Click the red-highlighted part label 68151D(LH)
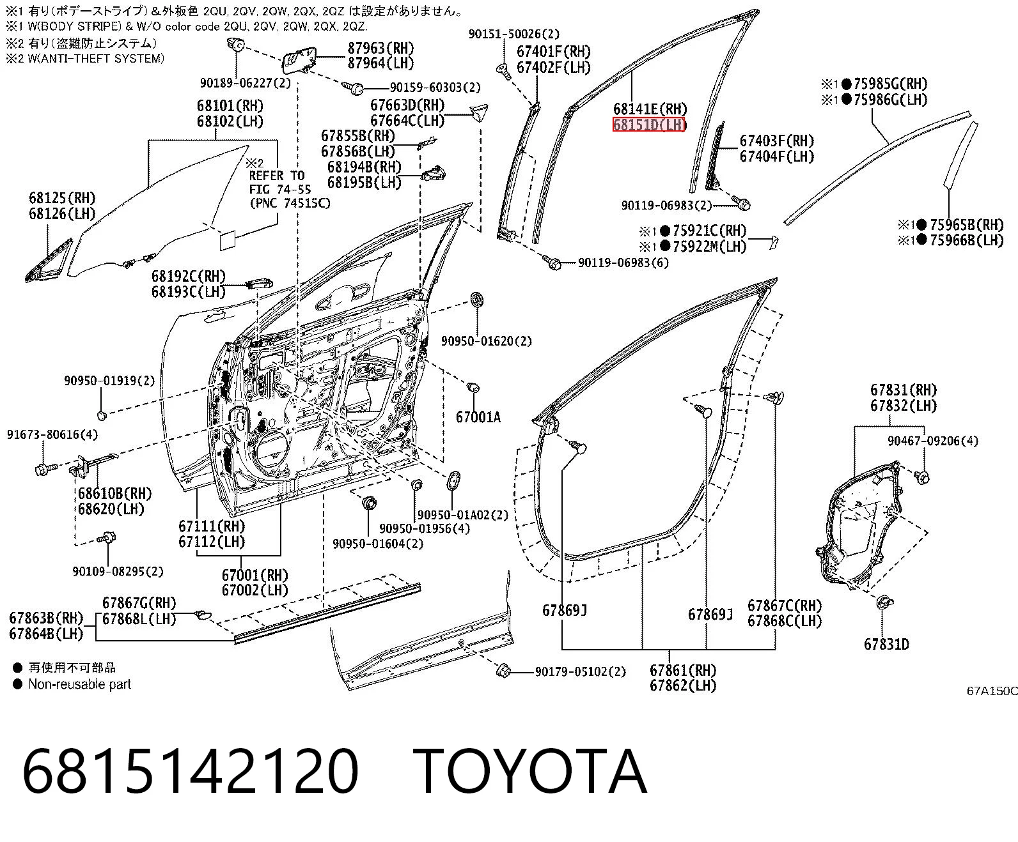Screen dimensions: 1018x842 (x=649, y=125)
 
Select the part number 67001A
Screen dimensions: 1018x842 (x=478, y=417)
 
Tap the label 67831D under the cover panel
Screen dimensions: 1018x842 (x=886, y=644)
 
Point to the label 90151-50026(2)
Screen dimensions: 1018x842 (x=514, y=34)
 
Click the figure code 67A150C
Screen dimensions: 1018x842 (x=992, y=691)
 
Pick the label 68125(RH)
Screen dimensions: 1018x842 (x=62, y=198)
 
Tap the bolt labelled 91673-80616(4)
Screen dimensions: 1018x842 (x=44, y=470)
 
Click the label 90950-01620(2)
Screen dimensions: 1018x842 (x=487, y=341)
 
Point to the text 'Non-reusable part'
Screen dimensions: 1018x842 (x=80, y=684)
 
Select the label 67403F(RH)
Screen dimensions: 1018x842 (x=777, y=141)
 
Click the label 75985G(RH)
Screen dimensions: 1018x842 (x=890, y=84)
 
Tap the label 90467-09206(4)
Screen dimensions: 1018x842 (x=933, y=441)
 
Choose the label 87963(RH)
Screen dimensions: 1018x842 (x=380, y=49)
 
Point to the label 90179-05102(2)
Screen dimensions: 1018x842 (x=580, y=671)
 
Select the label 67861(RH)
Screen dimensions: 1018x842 (x=683, y=671)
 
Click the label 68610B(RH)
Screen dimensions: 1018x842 (x=115, y=494)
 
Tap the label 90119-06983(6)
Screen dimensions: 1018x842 (x=623, y=263)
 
